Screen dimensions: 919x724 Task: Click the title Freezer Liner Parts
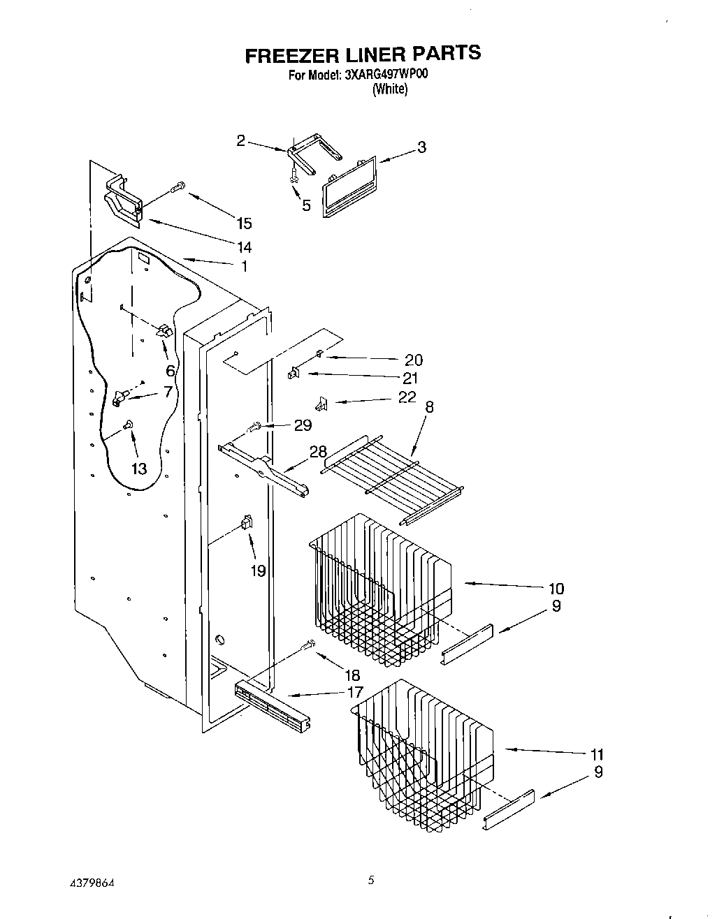coord(362,53)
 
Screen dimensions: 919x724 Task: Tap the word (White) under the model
coord(389,89)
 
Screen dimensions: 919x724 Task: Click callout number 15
coord(244,223)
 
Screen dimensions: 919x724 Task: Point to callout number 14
coord(244,247)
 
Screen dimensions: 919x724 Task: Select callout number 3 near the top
coord(421,147)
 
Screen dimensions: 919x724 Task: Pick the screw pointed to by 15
coord(177,186)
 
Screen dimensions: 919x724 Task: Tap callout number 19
coord(258,571)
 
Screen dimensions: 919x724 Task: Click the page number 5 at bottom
coord(371,881)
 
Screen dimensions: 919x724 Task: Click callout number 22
coord(406,397)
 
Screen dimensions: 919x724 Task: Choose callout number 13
coord(139,469)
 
